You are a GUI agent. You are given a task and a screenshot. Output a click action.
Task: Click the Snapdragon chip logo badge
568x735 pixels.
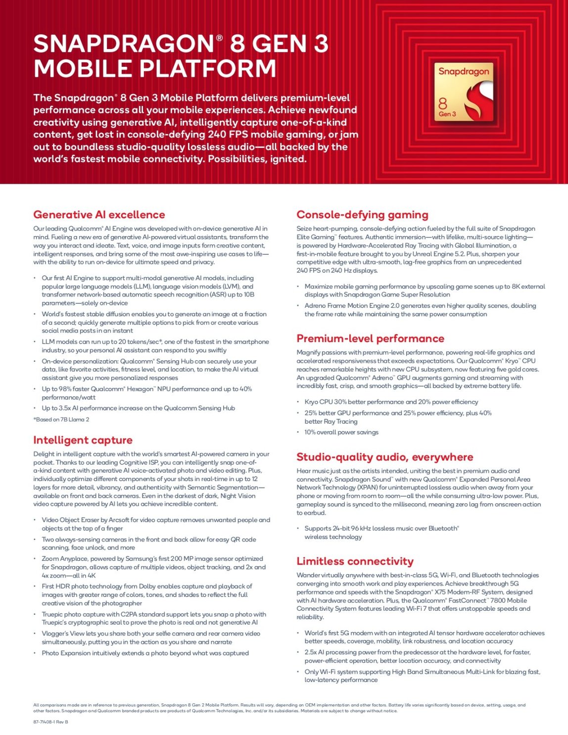(464, 93)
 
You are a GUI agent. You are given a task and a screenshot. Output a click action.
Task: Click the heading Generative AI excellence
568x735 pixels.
(99, 215)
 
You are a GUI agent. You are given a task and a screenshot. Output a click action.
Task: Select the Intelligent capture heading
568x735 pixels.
(83, 440)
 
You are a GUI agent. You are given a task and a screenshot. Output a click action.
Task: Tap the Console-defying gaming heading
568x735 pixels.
(362, 215)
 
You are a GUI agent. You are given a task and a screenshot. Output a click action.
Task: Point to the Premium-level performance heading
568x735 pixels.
(370, 339)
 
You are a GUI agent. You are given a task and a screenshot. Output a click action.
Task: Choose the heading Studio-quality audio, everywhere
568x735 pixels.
(384, 457)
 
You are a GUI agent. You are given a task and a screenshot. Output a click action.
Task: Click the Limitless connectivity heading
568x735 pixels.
(355, 561)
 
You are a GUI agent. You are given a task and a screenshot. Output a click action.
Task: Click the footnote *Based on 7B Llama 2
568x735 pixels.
(61, 420)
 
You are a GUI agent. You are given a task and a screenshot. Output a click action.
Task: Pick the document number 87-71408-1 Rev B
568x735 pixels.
(50, 722)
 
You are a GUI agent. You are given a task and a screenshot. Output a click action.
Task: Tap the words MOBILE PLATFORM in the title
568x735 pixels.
(154, 68)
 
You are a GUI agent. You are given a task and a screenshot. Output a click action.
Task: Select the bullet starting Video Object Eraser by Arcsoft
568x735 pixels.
(156, 524)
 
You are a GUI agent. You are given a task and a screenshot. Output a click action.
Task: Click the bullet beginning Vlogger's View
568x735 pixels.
(151, 637)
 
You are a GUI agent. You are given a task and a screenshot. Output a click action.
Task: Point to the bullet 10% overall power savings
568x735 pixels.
(341, 432)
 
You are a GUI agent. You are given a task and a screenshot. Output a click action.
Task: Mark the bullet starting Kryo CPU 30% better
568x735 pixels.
(391, 402)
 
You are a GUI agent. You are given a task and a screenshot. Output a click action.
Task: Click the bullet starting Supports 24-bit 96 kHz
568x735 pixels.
(381, 533)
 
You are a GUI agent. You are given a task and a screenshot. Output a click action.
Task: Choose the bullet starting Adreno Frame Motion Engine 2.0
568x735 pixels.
(420, 310)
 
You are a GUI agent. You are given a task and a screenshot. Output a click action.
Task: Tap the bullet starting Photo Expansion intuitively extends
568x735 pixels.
(145, 653)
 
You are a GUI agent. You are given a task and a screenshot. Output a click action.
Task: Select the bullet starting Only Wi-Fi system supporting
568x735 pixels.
(422, 676)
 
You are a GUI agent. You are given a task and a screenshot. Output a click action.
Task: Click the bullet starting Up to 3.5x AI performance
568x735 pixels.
(138, 408)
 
